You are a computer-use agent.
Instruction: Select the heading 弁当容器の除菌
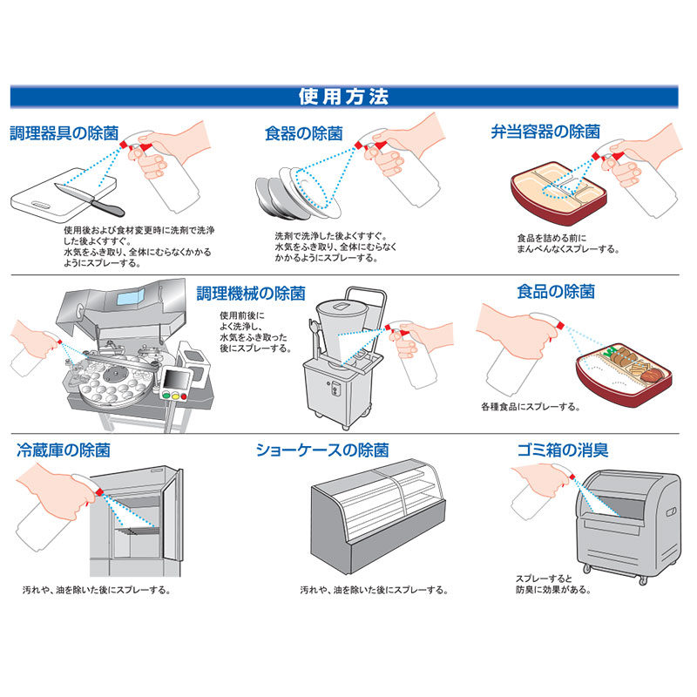click(545, 132)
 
